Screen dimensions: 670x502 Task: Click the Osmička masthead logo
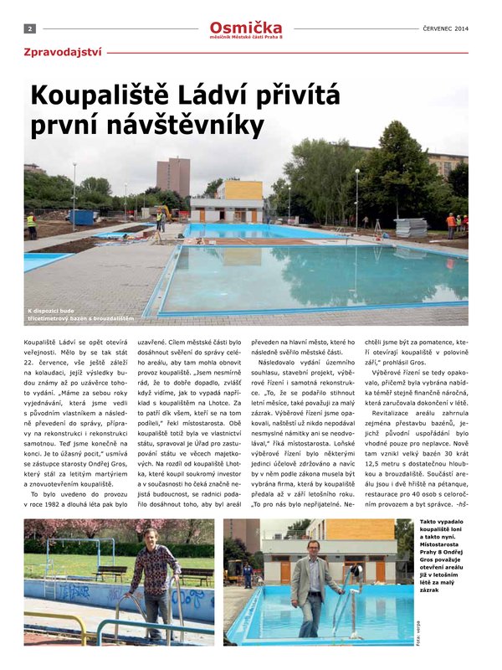[x=246, y=26]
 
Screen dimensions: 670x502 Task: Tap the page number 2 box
[x=29, y=28]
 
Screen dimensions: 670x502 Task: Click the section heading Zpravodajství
[x=64, y=52]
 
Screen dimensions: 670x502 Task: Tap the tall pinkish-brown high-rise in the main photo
[x=173, y=177]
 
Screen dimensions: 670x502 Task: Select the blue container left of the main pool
[x=83, y=217]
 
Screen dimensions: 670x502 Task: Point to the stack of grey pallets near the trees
[x=411, y=228]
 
